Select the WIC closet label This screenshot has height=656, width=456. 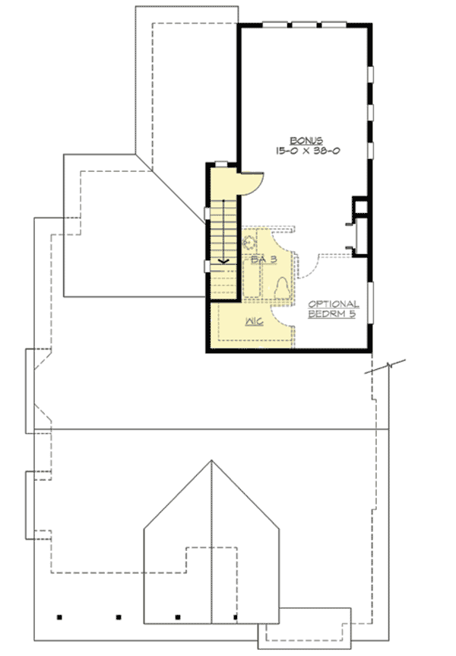pos(254,322)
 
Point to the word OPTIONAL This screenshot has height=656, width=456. pos(333,304)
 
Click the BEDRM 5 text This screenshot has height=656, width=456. pos(333,314)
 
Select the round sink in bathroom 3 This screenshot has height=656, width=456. pos(249,244)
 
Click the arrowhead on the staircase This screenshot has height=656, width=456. pos(224,261)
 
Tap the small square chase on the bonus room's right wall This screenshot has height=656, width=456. pos(360,205)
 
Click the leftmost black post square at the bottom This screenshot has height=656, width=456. pos(60,617)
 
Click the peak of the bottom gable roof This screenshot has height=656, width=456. pos(210,460)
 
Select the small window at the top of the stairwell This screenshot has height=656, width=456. pos(221,163)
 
